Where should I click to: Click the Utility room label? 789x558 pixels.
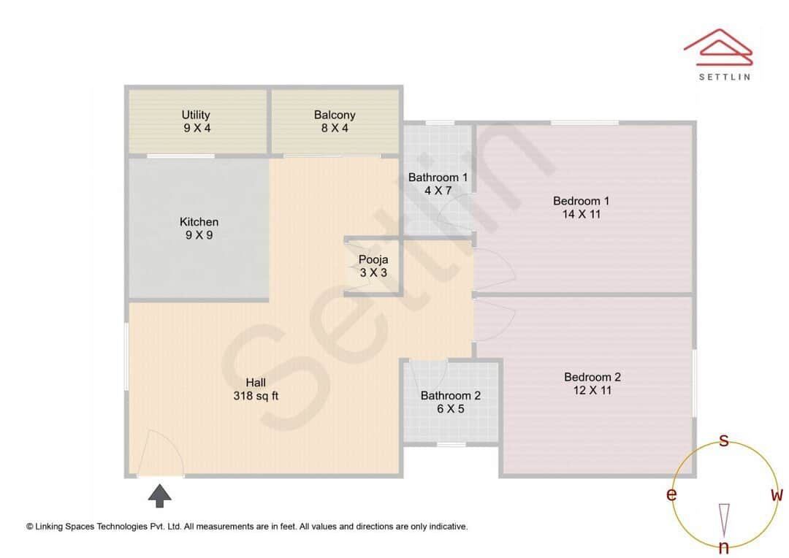pyautogui.click(x=196, y=115)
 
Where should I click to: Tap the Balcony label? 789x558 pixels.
pyautogui.click(x=335, y=115)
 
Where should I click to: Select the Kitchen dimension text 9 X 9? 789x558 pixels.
pyautogui.click(x=199, y=235)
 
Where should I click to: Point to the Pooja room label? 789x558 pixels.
pyautogui.click(x=373, y=259)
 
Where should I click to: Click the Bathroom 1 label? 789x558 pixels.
pyautogui.click(x=438, y=177)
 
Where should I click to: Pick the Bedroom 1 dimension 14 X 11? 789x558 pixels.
pyautogui.click(x=582, y=214)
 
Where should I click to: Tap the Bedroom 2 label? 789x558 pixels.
pyautogui.click(x=592, y=377)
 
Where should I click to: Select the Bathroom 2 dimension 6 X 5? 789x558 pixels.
pyautogui.click(x=451, y=409)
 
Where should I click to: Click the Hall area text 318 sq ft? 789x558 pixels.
pyautogui.click(x=255, y=396)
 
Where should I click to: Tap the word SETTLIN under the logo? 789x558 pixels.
pyautogui.click(x=724, y=76)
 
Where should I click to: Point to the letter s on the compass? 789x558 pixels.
pyautogui.click(x=724, y=440)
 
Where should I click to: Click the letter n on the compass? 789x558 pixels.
pyautogui.click(x=724, y=548)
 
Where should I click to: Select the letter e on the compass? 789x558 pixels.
pyautogui.click(x=671, y=494)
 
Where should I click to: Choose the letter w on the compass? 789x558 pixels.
pyautogui.click(x=777, y=494)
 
